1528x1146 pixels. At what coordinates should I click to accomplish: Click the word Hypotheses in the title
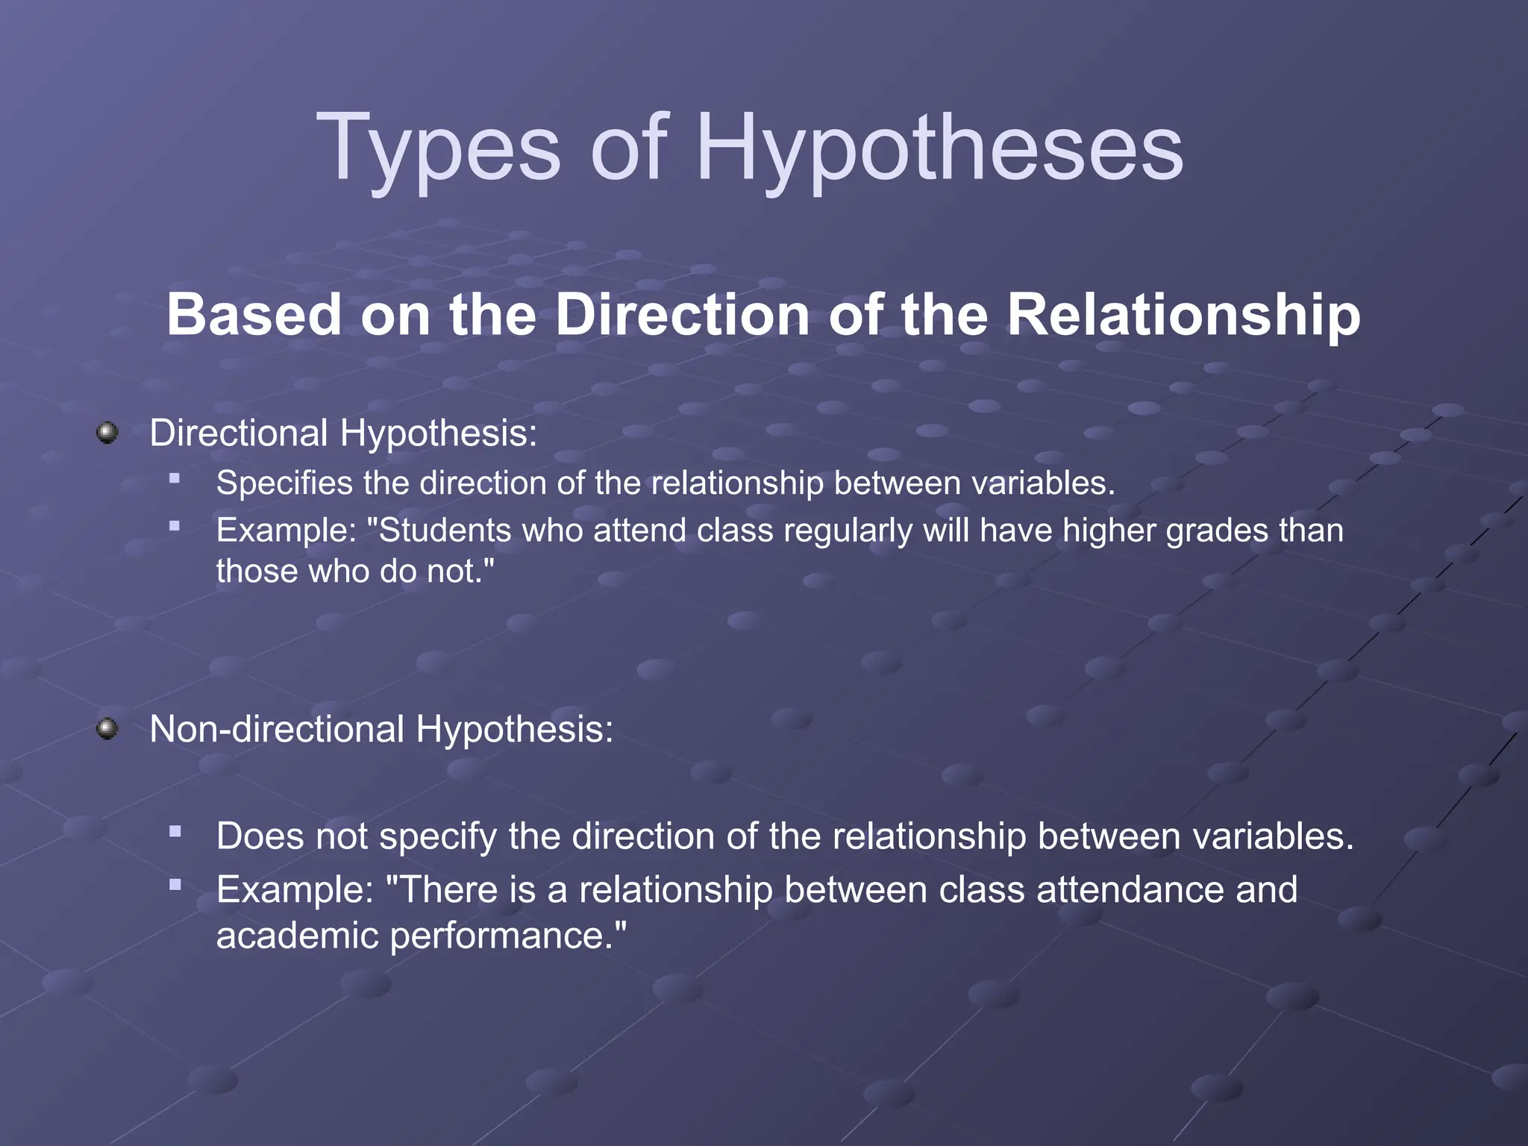click(939, 148)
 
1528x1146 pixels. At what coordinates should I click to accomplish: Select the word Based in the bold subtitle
click(254, 315)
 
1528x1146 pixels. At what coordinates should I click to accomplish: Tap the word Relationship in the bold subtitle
click(1183, 315)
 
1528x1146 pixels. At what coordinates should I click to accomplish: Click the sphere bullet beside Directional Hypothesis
click(107, 433)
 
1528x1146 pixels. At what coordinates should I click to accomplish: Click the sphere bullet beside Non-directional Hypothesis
click(107, 728)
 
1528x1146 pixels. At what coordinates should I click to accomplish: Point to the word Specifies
click(284, 483)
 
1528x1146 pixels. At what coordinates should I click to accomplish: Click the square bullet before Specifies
click(175, 479)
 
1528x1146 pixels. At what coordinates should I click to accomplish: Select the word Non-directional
click(277, 729)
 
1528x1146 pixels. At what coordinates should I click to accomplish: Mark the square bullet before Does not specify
click(175, 831)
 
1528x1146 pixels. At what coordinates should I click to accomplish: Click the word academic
click(298, 936)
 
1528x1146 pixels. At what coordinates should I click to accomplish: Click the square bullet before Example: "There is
click(175, 885)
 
